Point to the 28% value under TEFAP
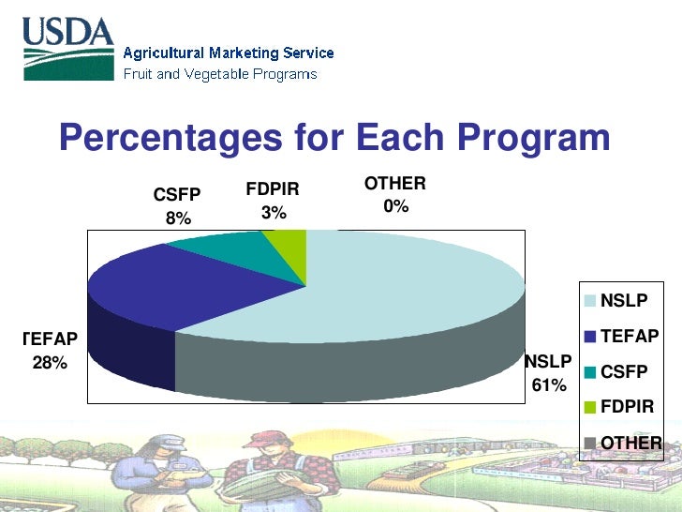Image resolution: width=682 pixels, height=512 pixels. tap(50, 363)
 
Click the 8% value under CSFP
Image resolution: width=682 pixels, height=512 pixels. tap(178, 218)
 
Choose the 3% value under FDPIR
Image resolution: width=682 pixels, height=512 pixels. tap(273, 213)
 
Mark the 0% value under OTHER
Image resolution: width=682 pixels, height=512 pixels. tap(395, 206)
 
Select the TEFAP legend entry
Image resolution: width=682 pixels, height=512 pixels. tap(628, 336)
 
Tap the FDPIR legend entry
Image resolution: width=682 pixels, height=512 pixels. tap(626, 406)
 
